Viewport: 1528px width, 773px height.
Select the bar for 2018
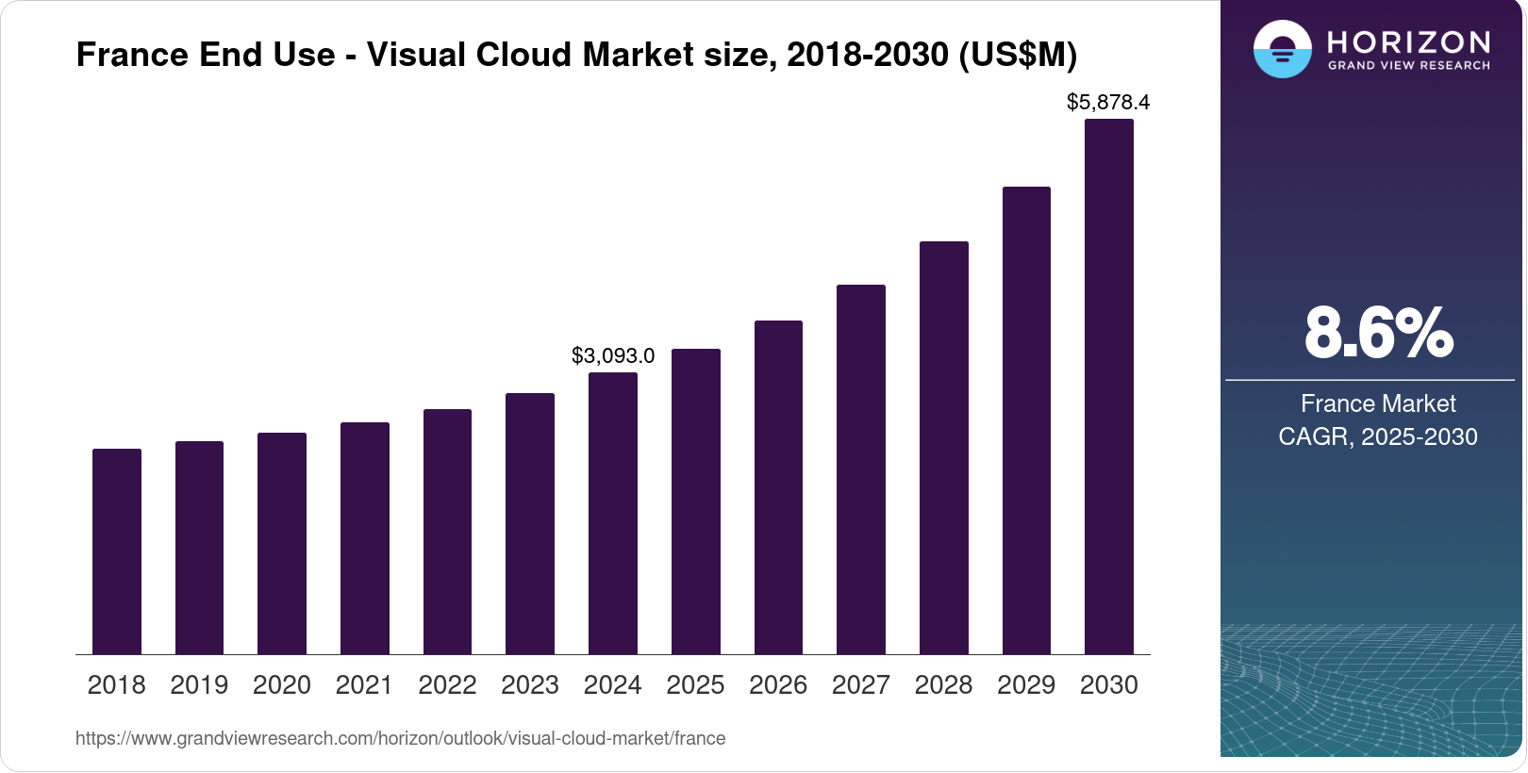(x=117, y=551)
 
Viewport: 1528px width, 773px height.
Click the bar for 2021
(x=365, y=538)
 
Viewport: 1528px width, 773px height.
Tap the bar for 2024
(x=613, y=514)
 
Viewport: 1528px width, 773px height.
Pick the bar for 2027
(x=861, y=469)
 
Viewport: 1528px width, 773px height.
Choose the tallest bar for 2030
(x=1109, y=386)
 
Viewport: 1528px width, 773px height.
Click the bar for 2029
(x=1026, y=420)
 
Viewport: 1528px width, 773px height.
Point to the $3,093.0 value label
(x=613, y=356)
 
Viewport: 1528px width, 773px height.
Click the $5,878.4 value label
(x=1108, y=102)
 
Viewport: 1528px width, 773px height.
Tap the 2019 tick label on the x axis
(x=199, y=685)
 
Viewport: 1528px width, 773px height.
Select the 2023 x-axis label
(x=530, y=685)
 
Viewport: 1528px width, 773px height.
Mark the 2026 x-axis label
(x=778, y=685)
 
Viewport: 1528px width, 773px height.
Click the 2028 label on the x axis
(x=943, y=685)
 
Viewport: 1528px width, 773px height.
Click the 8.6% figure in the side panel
(x=1378, y=334)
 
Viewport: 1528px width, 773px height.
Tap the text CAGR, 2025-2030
(x=1378, y=437)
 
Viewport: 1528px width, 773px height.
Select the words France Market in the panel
(x=1378, y=404)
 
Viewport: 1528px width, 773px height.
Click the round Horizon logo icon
(x=1283, y=49)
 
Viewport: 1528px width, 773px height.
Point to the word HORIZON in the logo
(x=1409, y=41)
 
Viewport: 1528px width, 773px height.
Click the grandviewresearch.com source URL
(x=400, y=739)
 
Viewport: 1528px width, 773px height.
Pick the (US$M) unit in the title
(x=1018, y=55)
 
